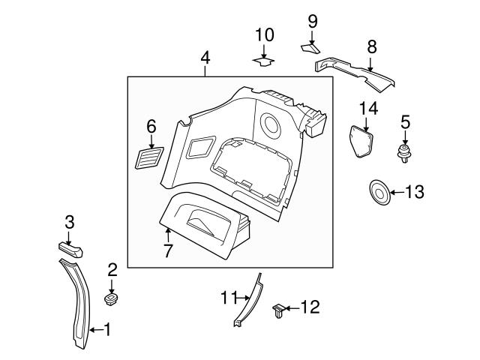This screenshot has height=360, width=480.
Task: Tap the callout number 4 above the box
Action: point(205,58)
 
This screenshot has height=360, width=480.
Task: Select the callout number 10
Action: point(264,35)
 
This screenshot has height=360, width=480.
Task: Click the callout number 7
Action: point(168,250)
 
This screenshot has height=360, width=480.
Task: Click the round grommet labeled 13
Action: point(380,193)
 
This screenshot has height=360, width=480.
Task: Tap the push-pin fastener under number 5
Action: point(405,154)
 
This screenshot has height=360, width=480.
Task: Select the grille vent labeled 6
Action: point(149,158)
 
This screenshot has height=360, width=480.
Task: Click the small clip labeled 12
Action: point(278,310)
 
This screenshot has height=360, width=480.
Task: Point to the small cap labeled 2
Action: point(112,300)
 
